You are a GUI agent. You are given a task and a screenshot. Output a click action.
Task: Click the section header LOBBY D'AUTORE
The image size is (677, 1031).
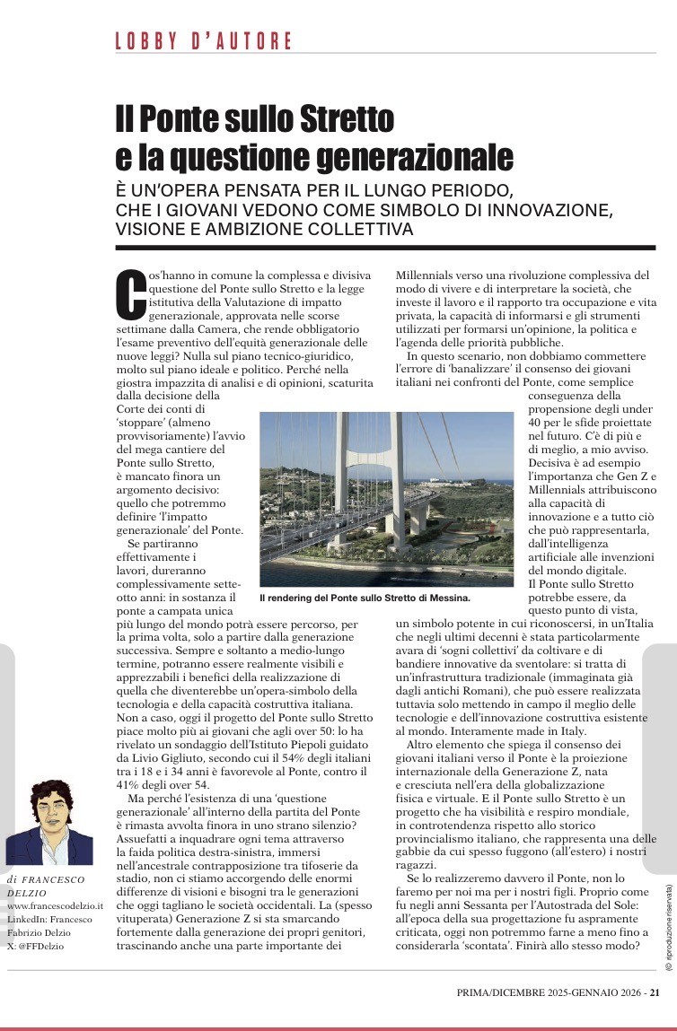pyautogui.click(x=204, y=40)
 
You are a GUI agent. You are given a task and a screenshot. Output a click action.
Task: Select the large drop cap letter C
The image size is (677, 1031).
pyautogui.click(x=131, y=293)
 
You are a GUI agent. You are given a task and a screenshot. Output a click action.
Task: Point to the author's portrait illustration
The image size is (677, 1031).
pyautogui.click(x=49, y=822)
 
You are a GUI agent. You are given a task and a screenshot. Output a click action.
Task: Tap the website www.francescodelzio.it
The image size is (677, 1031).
pyautogui.click(x=56, y=907)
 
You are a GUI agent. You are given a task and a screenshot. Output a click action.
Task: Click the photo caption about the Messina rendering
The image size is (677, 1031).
pyautogui.click(x=365, y=597)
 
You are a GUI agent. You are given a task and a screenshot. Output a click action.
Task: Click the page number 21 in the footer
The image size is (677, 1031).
pyautogui.click(x=655, y=992)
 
